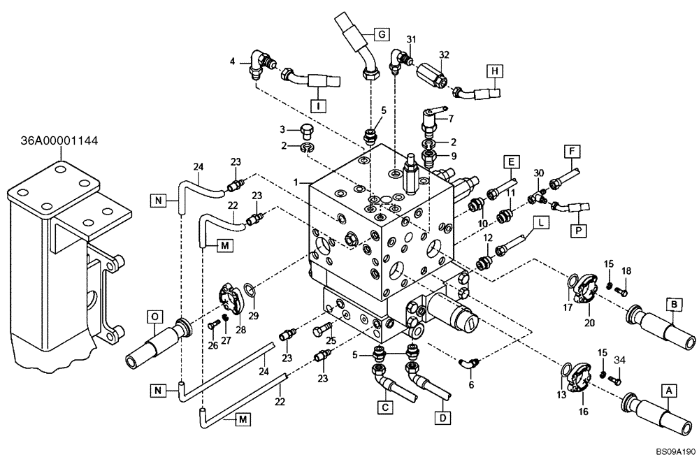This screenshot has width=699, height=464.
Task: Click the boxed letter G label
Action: point(382,34)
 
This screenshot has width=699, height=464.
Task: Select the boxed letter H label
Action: point(494,71)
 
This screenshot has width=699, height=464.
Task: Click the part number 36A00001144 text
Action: point(59,140)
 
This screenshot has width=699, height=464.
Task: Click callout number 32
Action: point(443,54)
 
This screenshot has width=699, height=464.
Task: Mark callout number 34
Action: point(619,359)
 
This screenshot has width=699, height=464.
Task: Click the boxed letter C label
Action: point(384,405)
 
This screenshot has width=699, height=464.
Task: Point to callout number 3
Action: point(283,129)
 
